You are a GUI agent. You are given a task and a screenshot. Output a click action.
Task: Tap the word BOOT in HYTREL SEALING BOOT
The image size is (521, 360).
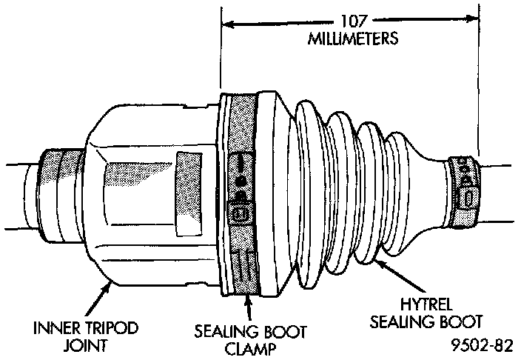pos(465,321)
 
